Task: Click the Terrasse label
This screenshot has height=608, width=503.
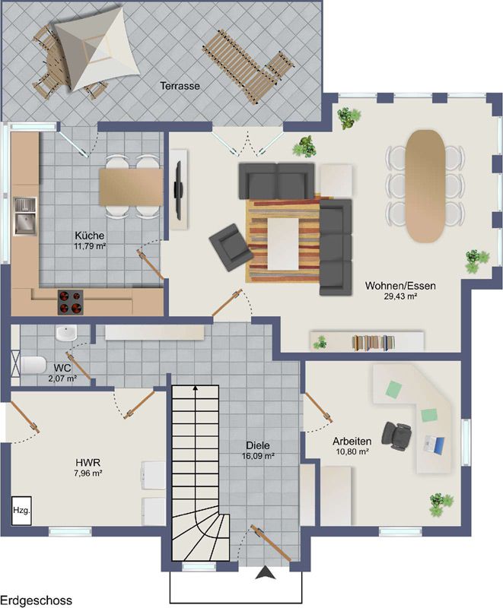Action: (180, 86)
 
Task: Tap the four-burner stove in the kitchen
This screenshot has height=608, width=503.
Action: (71, 302)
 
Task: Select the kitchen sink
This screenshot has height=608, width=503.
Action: (25, 217)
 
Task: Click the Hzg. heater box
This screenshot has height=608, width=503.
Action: (21, 510)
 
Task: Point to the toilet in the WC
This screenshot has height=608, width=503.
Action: (33, 366)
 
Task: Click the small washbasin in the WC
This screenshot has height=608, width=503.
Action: (66, 334)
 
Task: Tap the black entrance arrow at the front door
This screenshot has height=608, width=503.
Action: (266, 572)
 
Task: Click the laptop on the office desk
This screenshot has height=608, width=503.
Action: (434, 445)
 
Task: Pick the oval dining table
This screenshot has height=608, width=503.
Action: (425, 186)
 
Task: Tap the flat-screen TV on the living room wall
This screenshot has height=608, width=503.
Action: (178, 191)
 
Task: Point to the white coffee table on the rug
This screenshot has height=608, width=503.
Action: (283, 243)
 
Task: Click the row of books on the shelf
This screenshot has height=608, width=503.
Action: (374, 343)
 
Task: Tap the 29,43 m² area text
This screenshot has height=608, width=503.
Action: (401, 296)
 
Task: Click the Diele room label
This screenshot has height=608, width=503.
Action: (258, 446)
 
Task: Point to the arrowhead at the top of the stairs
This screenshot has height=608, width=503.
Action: (196, 387)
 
